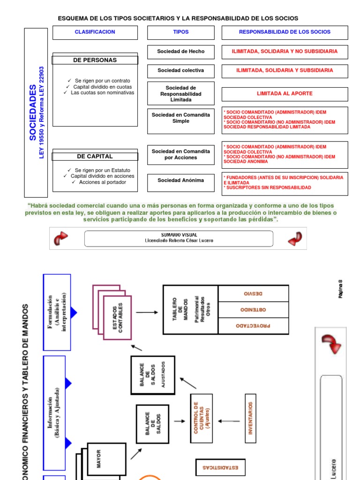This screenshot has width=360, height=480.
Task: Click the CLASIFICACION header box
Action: pyautogui.click(x=95, y=32)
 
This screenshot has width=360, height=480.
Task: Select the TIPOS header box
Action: pyautogui.click(x=181, y=32)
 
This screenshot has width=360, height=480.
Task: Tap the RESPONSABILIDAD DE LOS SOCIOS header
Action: pyautogui.click(x=285, y=32)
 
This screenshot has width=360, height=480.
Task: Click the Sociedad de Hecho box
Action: pyautogui.click(x=181, y=52)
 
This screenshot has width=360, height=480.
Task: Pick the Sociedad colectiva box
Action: pyautogui.click(x=181, y=71)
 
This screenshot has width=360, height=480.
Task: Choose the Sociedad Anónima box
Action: pyautogui.click(x=181, y=180)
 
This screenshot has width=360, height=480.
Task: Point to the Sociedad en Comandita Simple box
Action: pyautogui.click(x=181, y=118)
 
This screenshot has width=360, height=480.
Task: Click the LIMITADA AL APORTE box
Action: pyautogui.click(x=285, y=94)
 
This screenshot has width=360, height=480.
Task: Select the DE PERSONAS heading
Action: pyautogui.click(x=95, y=60)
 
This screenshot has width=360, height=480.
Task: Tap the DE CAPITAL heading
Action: pyautogui.click(x=95, y=156)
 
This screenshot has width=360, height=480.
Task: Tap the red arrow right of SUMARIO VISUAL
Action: pyautogui.click(x=295, y=239)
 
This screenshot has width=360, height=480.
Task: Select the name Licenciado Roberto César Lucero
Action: pyautogui.click(x=179, y=241)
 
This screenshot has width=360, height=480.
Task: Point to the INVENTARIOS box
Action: pyautogui.click(x=251, y=418)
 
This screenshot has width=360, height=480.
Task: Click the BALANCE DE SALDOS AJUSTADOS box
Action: pyautogui.click(x=153, y=375)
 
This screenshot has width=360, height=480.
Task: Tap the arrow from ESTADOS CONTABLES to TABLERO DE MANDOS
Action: pyautogui.click(x=147, y=312)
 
